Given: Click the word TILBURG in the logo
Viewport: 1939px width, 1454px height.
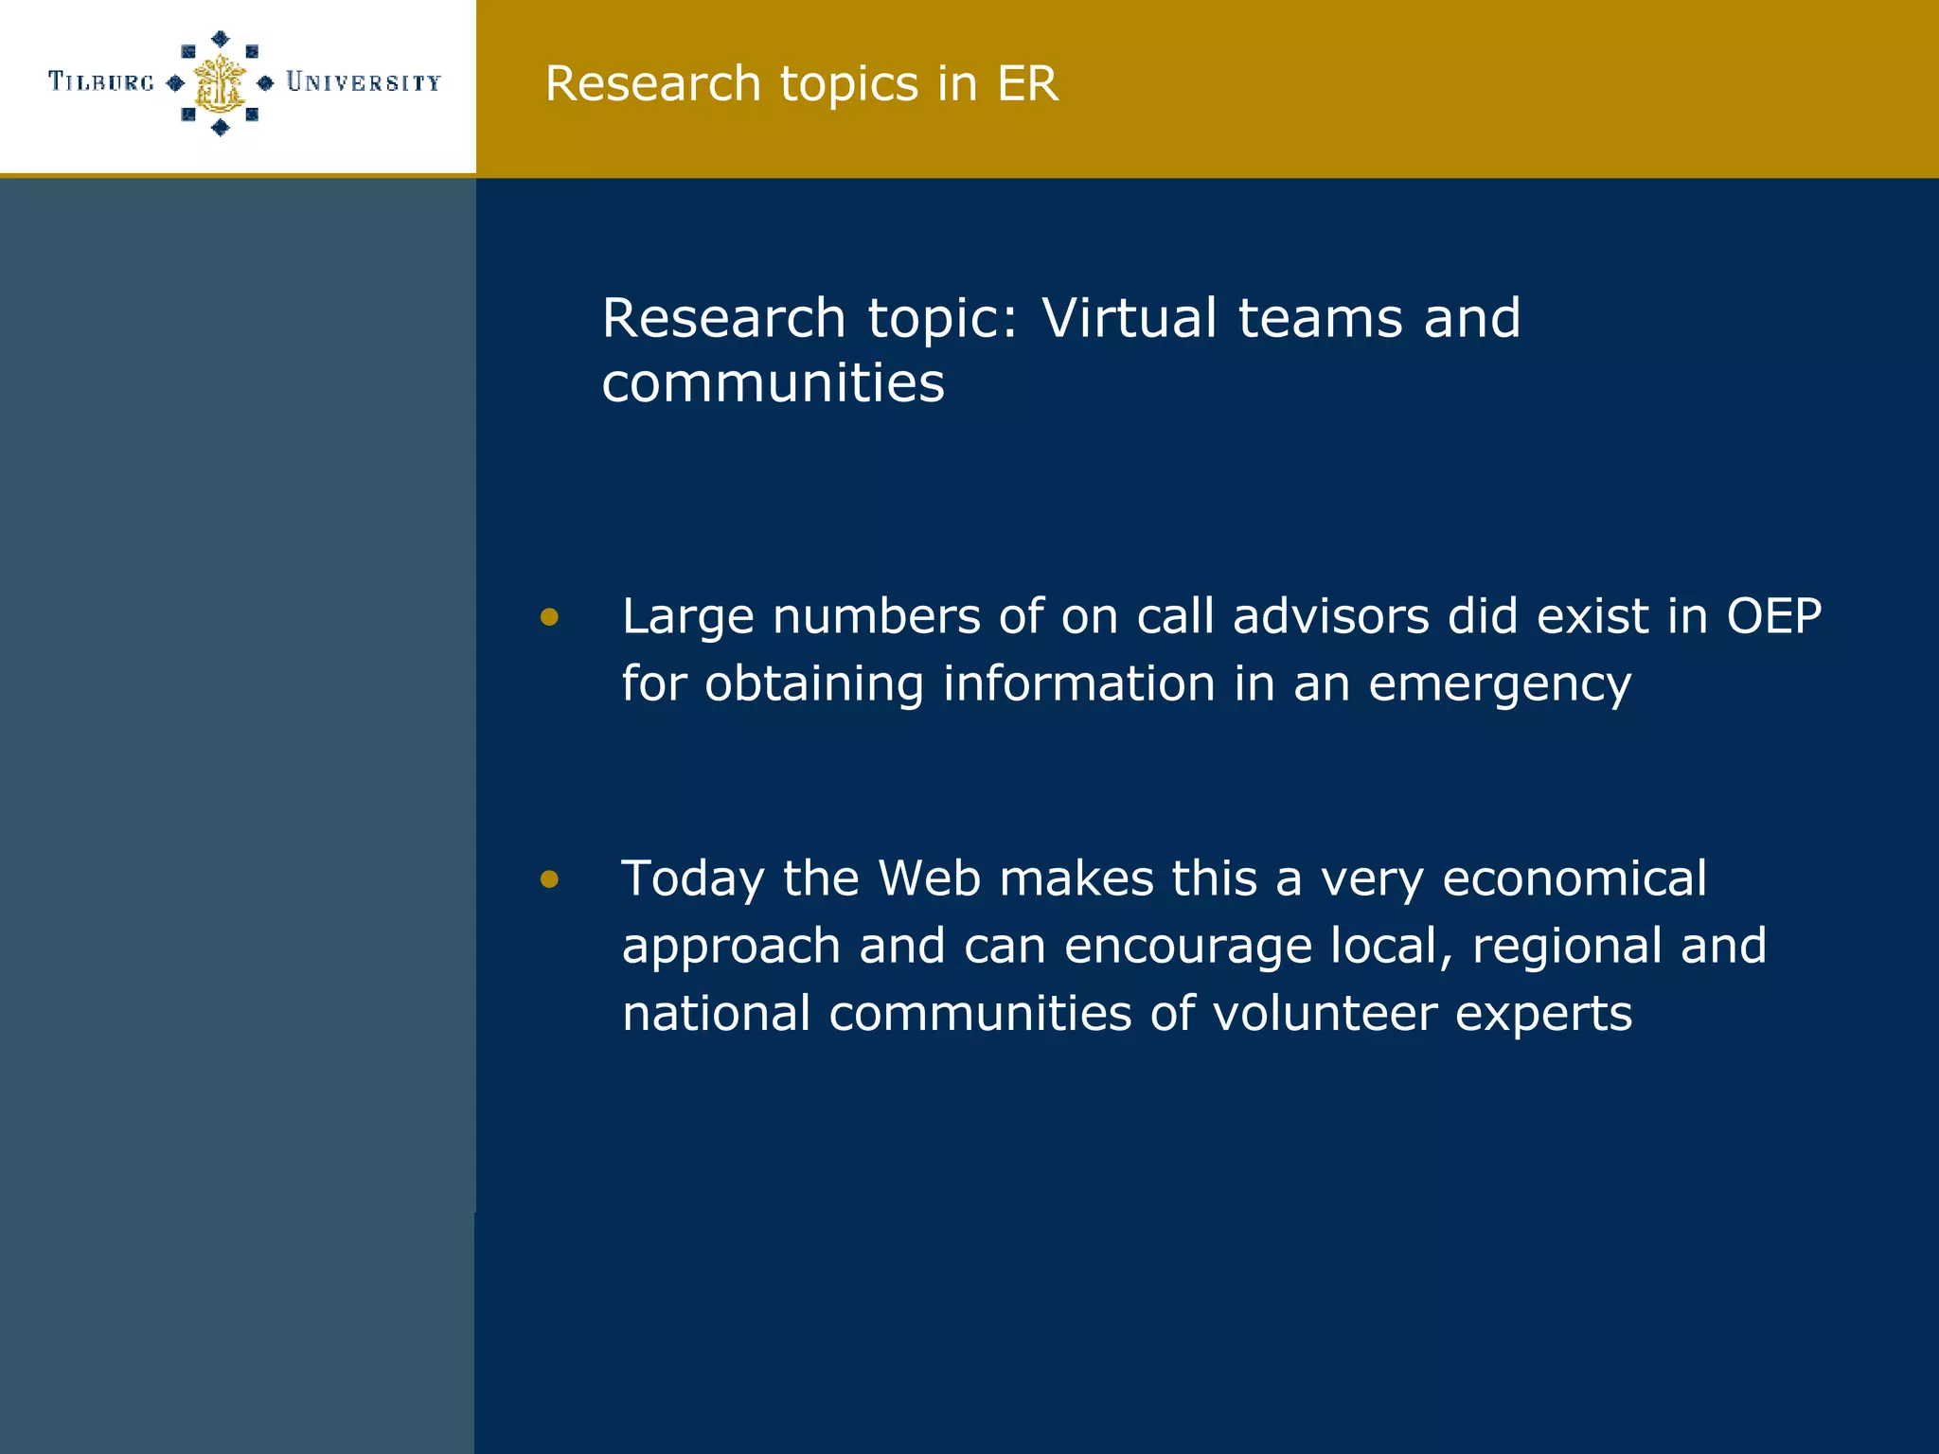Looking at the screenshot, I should point(101,82).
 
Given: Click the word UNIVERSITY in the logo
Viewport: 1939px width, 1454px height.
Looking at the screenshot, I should point(364,83).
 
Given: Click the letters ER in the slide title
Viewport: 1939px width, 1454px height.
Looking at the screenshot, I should point(1026,83).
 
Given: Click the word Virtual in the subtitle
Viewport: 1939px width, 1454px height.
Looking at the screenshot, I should point(1129,317).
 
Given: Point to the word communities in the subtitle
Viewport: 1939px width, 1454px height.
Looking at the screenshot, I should point(773,383).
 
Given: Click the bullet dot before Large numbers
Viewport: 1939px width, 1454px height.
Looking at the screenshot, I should point(549,618).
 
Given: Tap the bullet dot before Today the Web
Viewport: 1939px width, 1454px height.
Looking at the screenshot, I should point(549,880).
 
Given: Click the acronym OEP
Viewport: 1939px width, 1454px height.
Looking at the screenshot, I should point(1773,616).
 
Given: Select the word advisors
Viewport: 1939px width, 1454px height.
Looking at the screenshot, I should point(1330,616).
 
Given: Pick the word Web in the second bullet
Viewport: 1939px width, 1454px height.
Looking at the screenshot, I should point(929,878).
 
